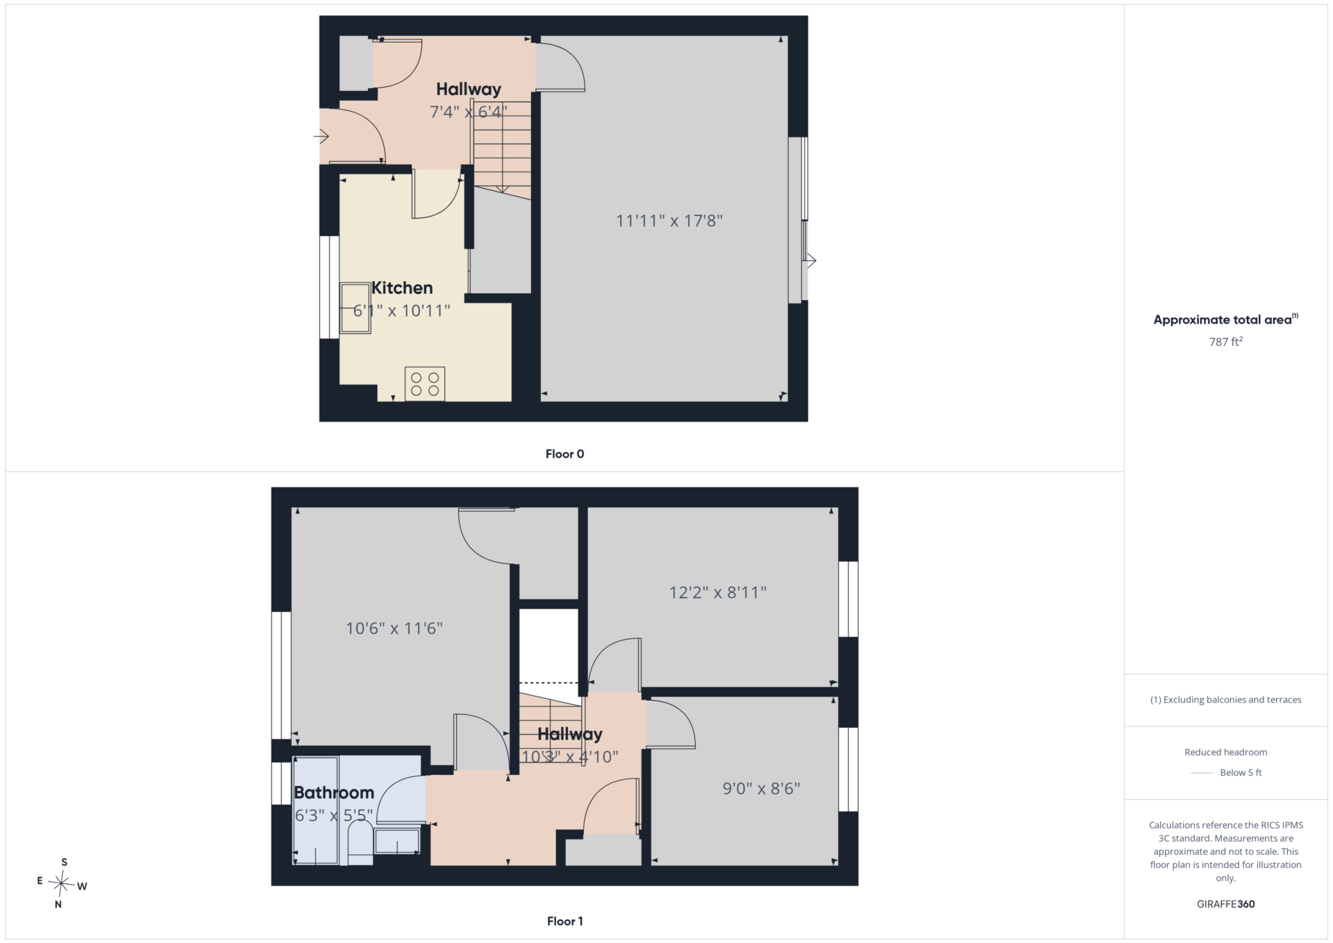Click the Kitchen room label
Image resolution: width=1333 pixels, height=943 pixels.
[402, 287]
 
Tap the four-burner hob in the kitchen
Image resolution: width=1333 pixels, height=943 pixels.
[425, 384]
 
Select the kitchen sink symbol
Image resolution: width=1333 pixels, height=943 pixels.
[355, 308]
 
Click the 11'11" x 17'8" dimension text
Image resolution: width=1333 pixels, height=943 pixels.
[669, 221]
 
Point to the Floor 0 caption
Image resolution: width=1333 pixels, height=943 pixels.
[564, 454]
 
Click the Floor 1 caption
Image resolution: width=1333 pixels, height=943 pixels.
[564, 921]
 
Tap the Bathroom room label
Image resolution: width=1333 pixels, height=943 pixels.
[334, 792]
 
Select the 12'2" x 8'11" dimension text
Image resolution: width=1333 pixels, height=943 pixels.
[718, 592]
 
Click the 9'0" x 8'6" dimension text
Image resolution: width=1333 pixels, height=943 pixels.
[762, 788]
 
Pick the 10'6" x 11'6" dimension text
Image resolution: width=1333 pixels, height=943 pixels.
[394, 628]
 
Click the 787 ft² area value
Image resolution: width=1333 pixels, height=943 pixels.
[1225, 342]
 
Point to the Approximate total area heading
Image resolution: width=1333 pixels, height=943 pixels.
[1225, 319]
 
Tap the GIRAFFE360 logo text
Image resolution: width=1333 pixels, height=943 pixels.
[1225, 904]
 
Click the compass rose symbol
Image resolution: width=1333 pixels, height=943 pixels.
[62, 884]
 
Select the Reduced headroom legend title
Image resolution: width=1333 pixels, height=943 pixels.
[1225, 752]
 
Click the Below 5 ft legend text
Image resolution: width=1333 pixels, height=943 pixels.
[1241, 773]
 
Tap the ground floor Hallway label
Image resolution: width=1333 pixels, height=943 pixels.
[469, 89]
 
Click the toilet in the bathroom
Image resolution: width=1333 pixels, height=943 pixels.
[360, 843]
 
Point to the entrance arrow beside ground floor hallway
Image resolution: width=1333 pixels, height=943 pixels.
[321, 136]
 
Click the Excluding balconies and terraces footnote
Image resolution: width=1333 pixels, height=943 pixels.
[1225, 700]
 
